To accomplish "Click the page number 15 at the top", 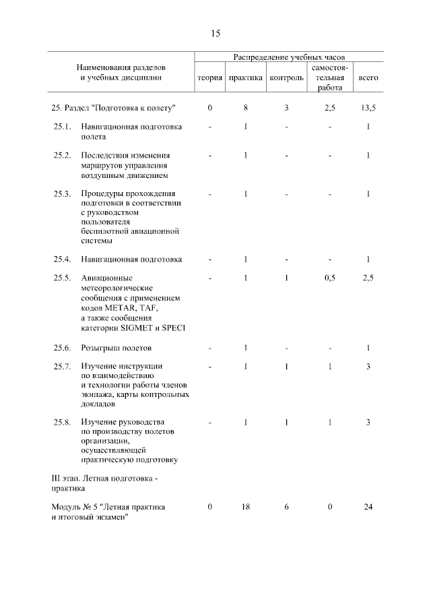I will click(x=215, y=32).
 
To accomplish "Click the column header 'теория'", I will click(x=209, y=78).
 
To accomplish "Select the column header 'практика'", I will click(x=246, y=78).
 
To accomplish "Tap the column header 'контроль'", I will click(x=286, y=78).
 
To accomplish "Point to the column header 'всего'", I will click(x=368, y=78).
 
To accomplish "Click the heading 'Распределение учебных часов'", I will click(x=289, y=58).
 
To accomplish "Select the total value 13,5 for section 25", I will click(x=368, y=108).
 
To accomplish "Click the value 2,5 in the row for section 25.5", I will click(x=368, y=278).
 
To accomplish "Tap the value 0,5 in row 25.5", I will click(x=330, y=278).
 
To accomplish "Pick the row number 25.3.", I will click(x=62, y=194).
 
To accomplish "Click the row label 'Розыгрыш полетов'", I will click(x=116, y=348).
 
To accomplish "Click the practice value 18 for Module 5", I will click(x=246, y=506).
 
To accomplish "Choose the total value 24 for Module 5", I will click(x=368, y=506).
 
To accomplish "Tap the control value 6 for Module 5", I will click(x=286, y=506).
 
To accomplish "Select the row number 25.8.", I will click(x=62, y=422).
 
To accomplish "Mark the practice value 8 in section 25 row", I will click(x=246, y=108).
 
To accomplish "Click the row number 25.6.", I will click(x=62, y=348).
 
